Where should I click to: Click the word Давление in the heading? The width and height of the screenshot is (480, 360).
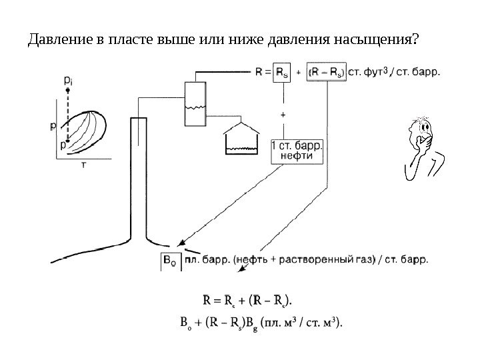(57, 42)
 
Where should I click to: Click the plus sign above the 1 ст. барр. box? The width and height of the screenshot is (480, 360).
(283, 115)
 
